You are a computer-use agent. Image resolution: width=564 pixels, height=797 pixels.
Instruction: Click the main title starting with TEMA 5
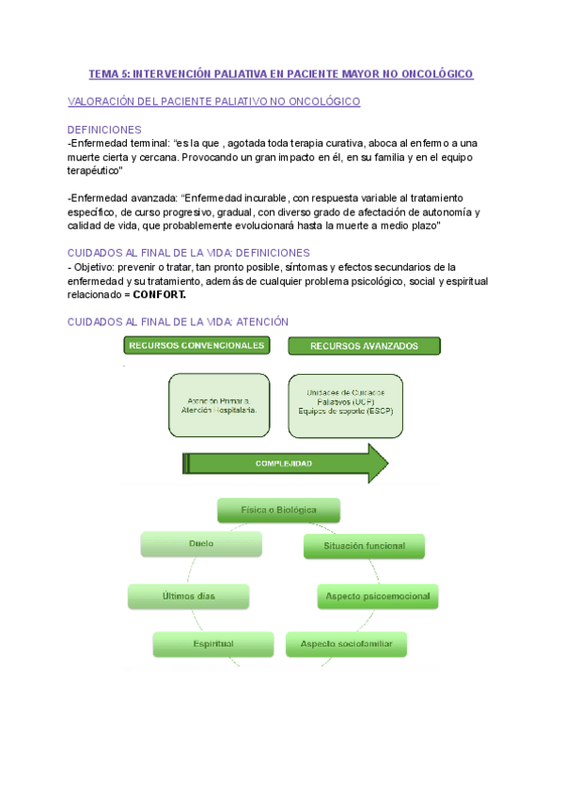pos(281,73)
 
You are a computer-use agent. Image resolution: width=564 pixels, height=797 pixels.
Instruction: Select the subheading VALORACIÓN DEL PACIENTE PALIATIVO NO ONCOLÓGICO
pos(214,102)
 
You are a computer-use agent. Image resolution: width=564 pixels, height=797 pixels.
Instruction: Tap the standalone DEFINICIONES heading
pos(105,129)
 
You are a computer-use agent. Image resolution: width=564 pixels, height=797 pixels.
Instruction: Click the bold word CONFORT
pos(160,294)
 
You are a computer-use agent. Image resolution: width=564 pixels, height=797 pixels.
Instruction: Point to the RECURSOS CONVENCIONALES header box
pos(197,346)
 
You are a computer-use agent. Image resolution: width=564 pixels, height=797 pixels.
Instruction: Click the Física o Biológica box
pos(278,510)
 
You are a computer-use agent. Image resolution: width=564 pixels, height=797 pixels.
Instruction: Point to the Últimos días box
pos(188,596)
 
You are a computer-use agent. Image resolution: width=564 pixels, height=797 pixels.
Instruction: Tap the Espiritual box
pos(213,644)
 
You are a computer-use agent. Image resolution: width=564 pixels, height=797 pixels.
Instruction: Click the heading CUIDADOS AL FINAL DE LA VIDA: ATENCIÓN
pos(179,321)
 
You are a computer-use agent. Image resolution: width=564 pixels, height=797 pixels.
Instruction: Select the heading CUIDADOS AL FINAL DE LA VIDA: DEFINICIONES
pos(190,253)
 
